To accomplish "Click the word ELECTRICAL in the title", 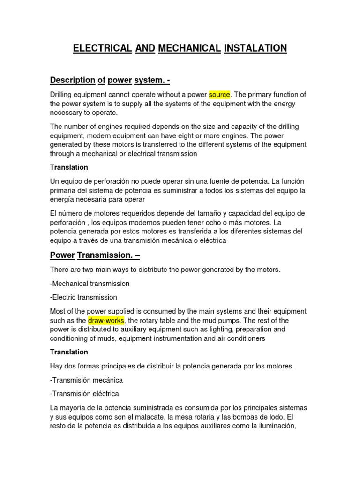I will click(103, 48).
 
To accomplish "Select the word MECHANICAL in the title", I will click(189, 48).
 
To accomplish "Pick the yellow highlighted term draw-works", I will click(106, 320).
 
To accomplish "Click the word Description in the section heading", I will click(72, 80).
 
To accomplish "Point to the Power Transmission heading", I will click(95, 255).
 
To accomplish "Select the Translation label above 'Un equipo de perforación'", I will click(69, 167).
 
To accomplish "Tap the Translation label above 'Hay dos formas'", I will click(69, 352).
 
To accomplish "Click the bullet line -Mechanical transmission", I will click(90, 284).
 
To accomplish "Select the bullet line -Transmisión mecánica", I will click(87, 380).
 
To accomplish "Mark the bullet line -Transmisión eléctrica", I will click(85, 393).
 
